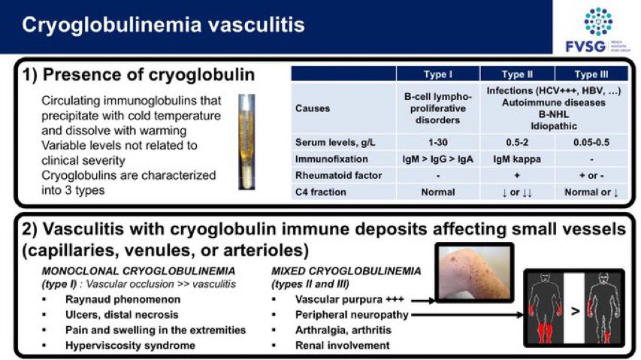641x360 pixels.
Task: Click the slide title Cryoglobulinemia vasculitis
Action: (162, 26)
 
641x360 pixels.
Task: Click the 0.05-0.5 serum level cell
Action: (591, 143)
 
